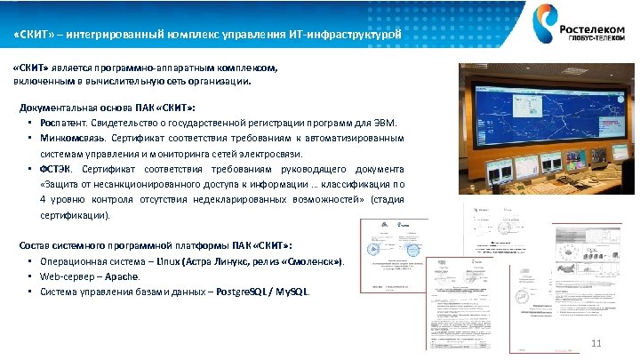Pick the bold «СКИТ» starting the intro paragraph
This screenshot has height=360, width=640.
pos(28,67)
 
